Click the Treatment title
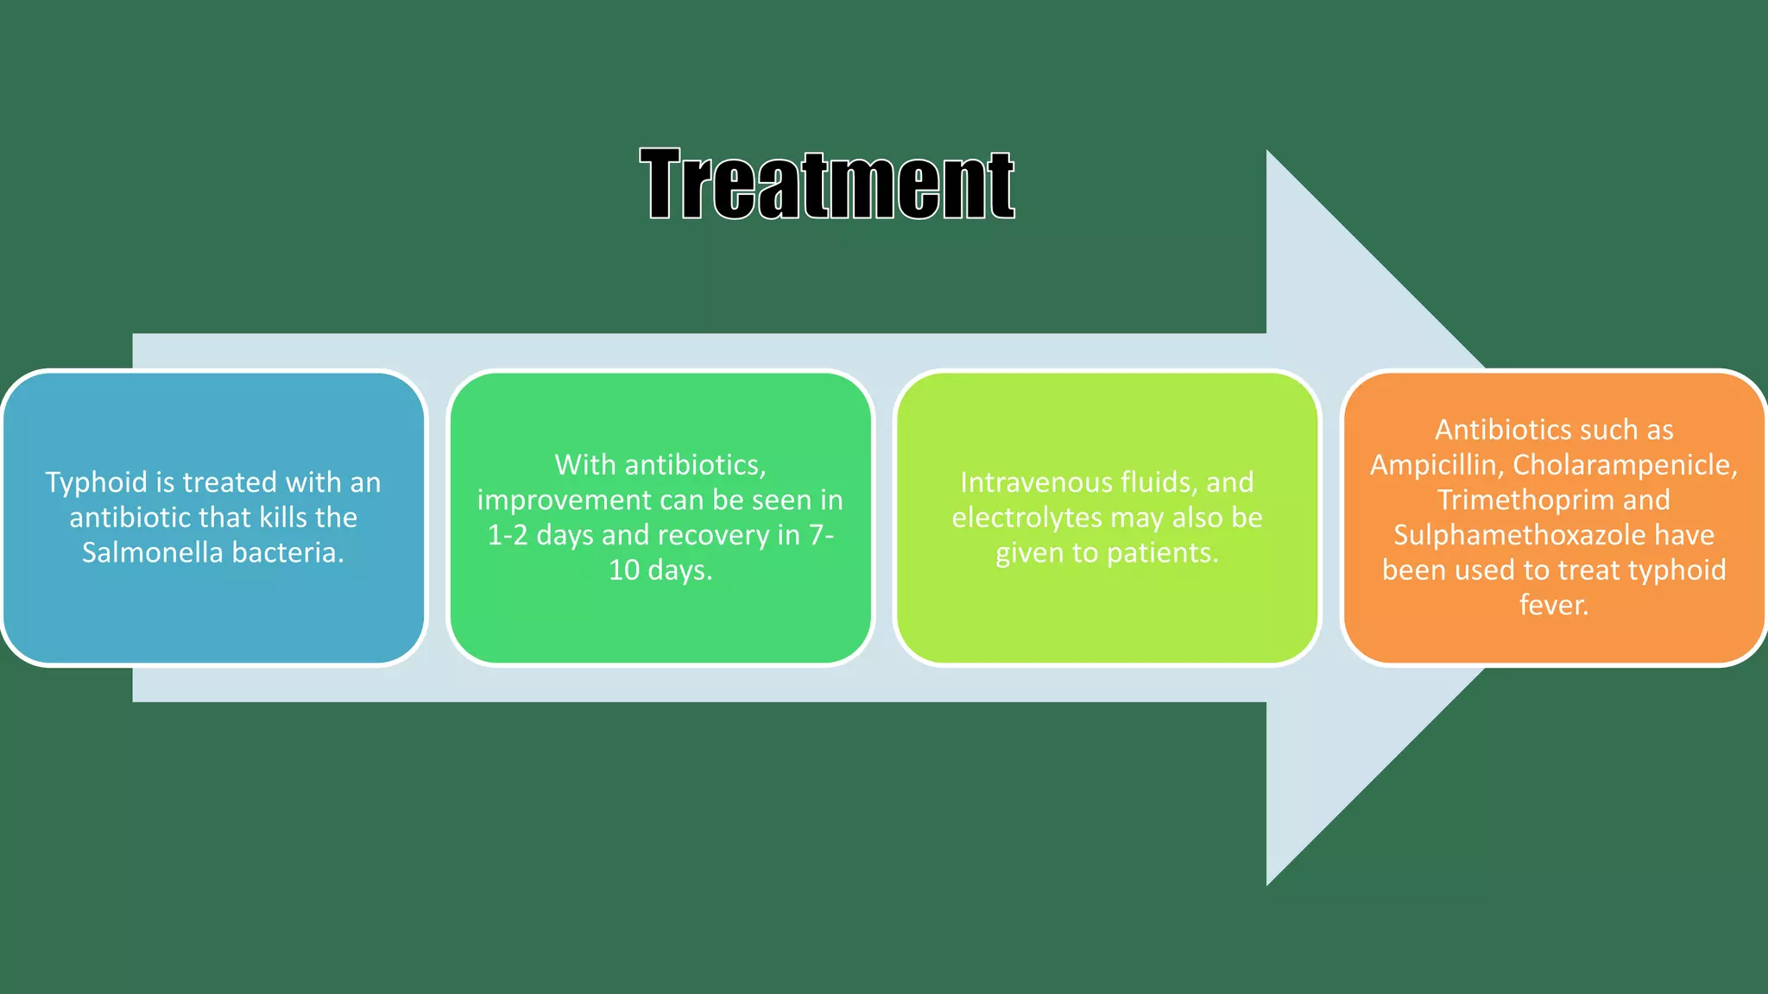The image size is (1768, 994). tap(827, 184)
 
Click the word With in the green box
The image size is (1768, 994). tap(584, 465)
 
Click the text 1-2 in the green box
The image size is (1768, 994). tap(507, 536)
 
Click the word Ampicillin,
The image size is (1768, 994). tap(1436, 465)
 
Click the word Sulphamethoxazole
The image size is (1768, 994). tap(1519, 536)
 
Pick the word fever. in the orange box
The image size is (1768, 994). tap(1553, 606)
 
